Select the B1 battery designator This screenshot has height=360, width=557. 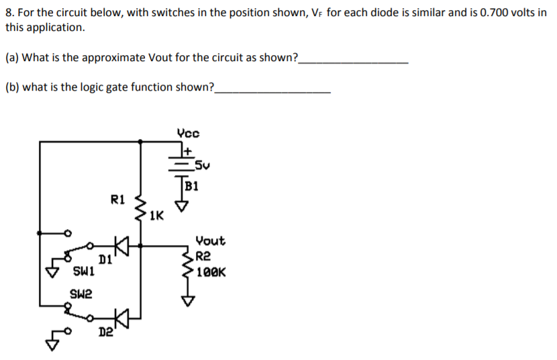coord(193,185)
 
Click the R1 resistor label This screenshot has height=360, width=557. coord(117,199)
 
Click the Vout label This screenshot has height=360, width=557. coord(210,240)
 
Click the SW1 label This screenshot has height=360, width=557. coord(83,273)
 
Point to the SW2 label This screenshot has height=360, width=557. coord(81,294)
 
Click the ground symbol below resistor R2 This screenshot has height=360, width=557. coord(187,302)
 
